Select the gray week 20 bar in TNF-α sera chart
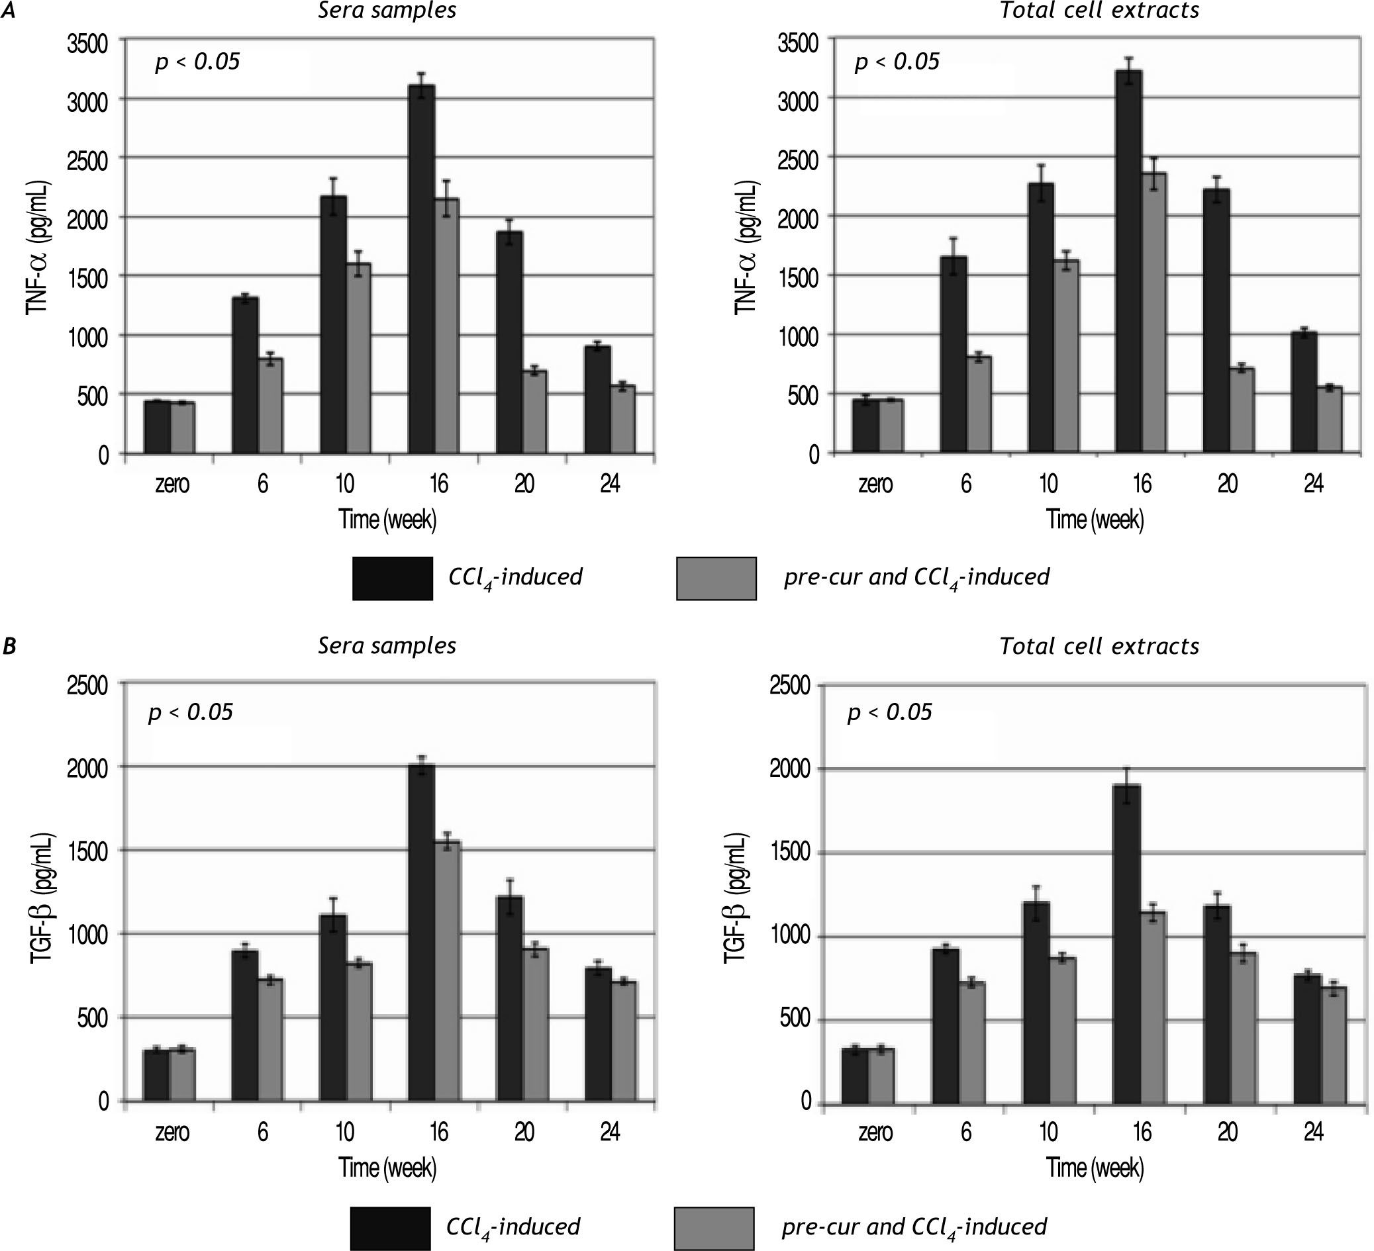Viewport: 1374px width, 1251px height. coord(535,412)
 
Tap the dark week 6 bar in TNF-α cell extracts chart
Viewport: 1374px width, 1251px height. coord(953,354)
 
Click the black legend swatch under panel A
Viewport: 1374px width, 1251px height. coord(393,579)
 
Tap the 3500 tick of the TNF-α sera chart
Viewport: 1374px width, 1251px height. coord(87,44)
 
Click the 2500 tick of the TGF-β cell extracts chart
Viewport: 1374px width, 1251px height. coord(789,686)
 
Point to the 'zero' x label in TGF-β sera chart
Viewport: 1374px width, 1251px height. coord(172,1133)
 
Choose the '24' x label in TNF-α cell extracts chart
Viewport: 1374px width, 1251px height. coord(1313,484)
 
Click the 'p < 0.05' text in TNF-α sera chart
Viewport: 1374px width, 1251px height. coord(197,63)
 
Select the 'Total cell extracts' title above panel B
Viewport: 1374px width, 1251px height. coord(1099,646)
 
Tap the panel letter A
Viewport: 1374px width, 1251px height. coord(9,11)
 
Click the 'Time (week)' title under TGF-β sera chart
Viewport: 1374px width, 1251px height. coord(388,1168)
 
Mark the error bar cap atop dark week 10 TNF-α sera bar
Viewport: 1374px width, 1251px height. coord(333,179)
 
